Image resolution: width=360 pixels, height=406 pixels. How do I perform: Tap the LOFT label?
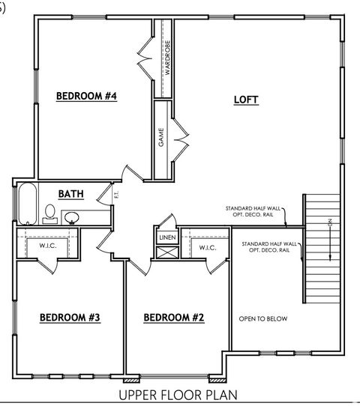click(x=246, y=99)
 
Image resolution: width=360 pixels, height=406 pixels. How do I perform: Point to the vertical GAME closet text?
click(x=160, y=139)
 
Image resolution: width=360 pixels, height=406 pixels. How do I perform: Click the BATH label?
click(x=71, y=194)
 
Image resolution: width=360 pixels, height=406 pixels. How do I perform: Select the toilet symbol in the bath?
click(x=49, y=214)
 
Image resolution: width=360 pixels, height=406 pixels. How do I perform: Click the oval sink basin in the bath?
click(x=72, y=218)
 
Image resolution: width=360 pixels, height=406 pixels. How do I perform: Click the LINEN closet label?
click(x=166, y=238)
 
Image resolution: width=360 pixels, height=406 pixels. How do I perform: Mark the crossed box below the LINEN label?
click(x=166, y=252)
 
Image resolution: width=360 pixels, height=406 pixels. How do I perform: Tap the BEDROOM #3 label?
click(x=70, y=318)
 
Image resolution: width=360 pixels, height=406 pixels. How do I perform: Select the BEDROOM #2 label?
click(x=173, y=318)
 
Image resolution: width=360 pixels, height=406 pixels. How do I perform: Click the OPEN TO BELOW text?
click(x=262, y=319)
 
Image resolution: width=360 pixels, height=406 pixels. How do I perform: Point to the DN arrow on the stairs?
click(x=328, y=240)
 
